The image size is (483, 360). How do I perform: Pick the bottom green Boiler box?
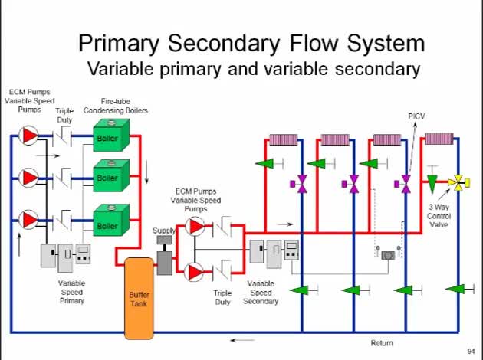pos(108,226)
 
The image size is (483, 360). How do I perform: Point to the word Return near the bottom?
pos(382,342)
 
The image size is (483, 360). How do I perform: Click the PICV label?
pos(416,116)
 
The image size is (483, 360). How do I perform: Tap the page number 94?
pos(471,352)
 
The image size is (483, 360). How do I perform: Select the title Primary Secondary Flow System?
pos(251,42)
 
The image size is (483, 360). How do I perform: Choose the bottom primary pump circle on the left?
pos(29,218)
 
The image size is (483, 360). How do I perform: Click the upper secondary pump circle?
pos(196,226)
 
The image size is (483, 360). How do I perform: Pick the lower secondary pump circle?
pos(196,271)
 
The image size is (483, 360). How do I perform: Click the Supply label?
pos(164,230)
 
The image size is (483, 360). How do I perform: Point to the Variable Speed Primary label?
pos(72,292)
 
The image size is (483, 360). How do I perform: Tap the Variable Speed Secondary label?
pos(261,292)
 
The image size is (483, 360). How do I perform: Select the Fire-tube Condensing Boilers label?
pos(124,106)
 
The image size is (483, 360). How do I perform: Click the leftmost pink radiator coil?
pos(283,139)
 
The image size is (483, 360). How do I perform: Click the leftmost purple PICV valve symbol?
pos(302,184)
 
